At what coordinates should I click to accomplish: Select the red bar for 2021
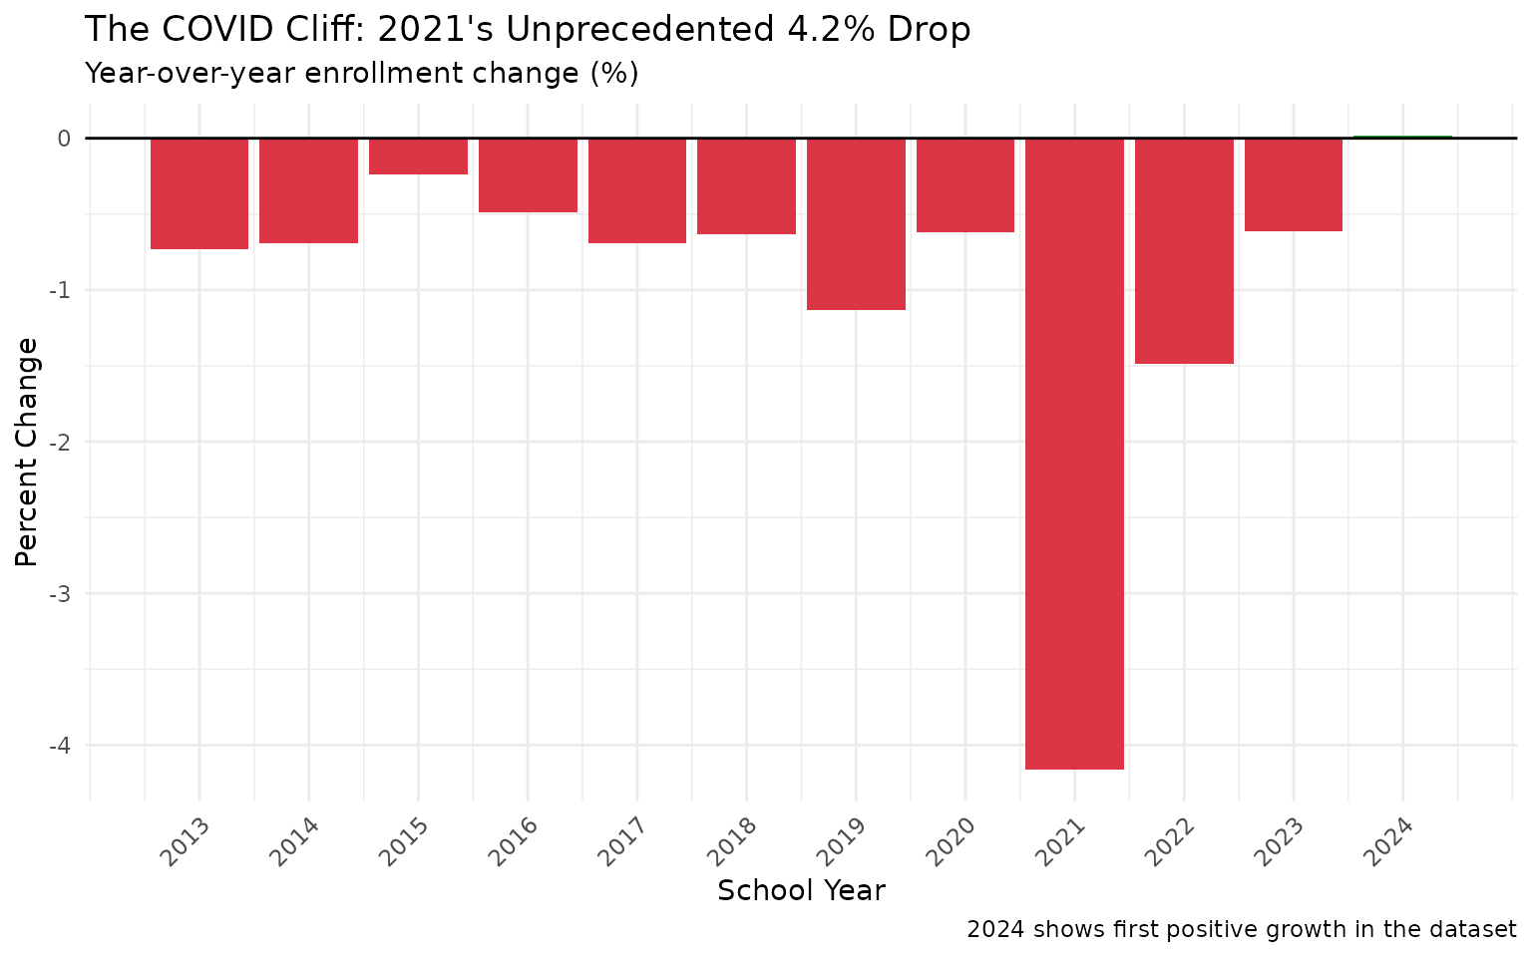click(x=1074, y=454)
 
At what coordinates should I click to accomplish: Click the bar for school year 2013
click(x=199, y=193)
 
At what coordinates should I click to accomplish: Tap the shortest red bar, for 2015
click(x=418, y=157)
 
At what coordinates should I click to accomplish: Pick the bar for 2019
click(x=856, y=224)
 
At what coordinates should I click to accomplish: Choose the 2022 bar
click(x=1184, y=251)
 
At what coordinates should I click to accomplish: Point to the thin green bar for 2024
click(x=1402, y=137)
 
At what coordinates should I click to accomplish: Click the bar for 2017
click(x=636, y=190)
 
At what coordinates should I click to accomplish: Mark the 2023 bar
click(x=1293, y=184)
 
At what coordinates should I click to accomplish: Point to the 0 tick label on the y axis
click(x=64, y=139)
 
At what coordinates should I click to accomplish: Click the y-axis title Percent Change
click(x=27, y=452)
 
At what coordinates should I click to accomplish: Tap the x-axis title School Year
click(x=801, y=890)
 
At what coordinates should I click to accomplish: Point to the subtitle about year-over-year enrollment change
click(x=361, y=74)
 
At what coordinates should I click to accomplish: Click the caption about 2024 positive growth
click(x=1241, y=930)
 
